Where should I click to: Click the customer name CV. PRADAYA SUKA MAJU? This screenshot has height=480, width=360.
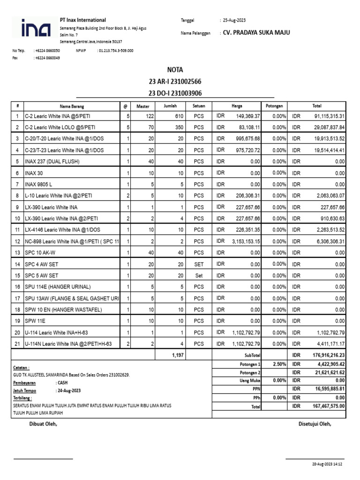click(x=256, y=32)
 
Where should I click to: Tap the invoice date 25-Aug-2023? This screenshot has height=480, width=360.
click(x=234, y=20)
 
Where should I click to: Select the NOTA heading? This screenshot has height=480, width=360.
click(x=175, y=70)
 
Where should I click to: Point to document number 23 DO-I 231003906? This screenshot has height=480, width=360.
click(x=175, y=93)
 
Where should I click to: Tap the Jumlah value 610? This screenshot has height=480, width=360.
click(x=179, y=116)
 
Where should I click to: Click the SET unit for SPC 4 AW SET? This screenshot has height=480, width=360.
click(x=199, y=264)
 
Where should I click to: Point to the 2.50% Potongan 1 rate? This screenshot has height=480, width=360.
click(x=278, y=364)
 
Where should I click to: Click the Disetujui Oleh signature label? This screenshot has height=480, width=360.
click(x=315, y=424)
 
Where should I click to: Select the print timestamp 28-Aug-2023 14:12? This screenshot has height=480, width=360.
click(x=327, y=464)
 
